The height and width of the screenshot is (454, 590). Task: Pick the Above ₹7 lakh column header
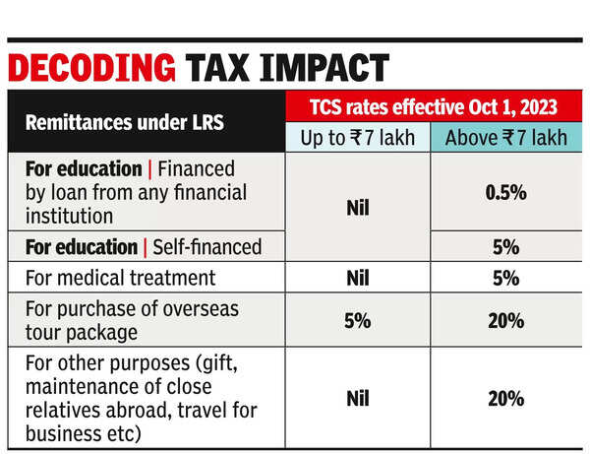click(505, 138)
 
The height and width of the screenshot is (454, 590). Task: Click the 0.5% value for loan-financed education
click(505, 193)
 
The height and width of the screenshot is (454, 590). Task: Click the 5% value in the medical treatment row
click(505, 279)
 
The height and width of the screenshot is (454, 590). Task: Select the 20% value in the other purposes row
click(505, 398)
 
